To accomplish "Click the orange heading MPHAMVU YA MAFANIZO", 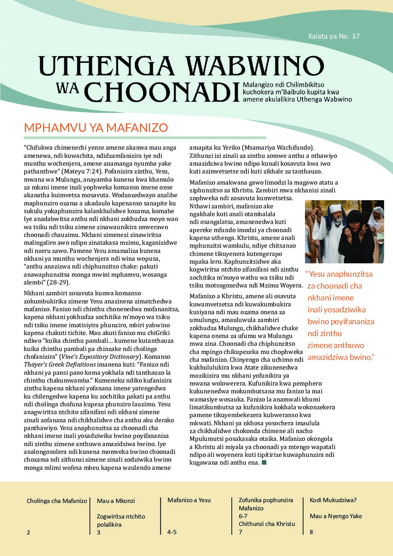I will click(96, 128).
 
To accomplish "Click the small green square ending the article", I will click(264, 462).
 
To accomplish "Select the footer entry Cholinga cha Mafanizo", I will click(57, 501).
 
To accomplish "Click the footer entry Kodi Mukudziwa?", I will click(333, 500).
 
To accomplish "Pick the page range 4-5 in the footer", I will click(172, 532).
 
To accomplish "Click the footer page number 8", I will click(311, 532).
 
